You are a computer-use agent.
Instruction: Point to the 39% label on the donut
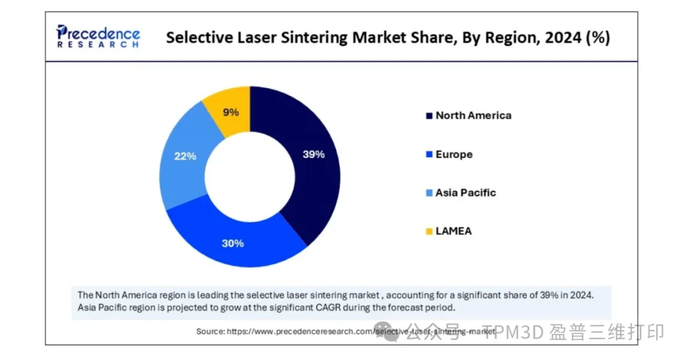click(313, 154)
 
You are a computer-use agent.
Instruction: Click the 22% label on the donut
click(185, 156)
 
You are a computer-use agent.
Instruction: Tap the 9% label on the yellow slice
click(231, 113)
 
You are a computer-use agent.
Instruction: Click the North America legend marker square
click(429, 116)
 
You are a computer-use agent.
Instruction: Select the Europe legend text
click(454, 155)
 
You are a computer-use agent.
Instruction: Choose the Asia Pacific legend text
click(466, 193)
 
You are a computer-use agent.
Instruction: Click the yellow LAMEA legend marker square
click(429, 232)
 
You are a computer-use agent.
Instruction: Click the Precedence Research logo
click(98, 36)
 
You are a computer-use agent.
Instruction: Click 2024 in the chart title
click(559, 38)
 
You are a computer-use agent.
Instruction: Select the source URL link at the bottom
click(361, 331)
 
